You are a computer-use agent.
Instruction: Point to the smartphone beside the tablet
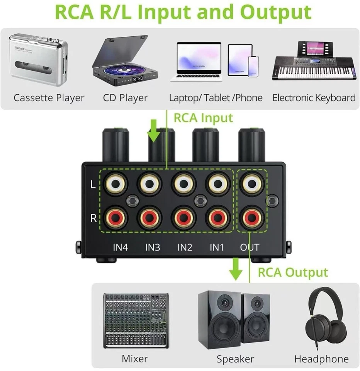(253, 66)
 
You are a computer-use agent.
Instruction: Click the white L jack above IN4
(115, 184)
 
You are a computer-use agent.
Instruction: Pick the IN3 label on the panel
(153, 247)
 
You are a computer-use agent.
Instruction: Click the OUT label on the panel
(250, 247)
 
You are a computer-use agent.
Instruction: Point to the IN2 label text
(185, 247)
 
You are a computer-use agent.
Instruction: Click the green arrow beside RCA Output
(235, 269)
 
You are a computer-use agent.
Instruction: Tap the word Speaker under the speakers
(235, 359)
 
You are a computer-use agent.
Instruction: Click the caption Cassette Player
(49, 98)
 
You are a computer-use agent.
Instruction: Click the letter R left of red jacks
(93, 218)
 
